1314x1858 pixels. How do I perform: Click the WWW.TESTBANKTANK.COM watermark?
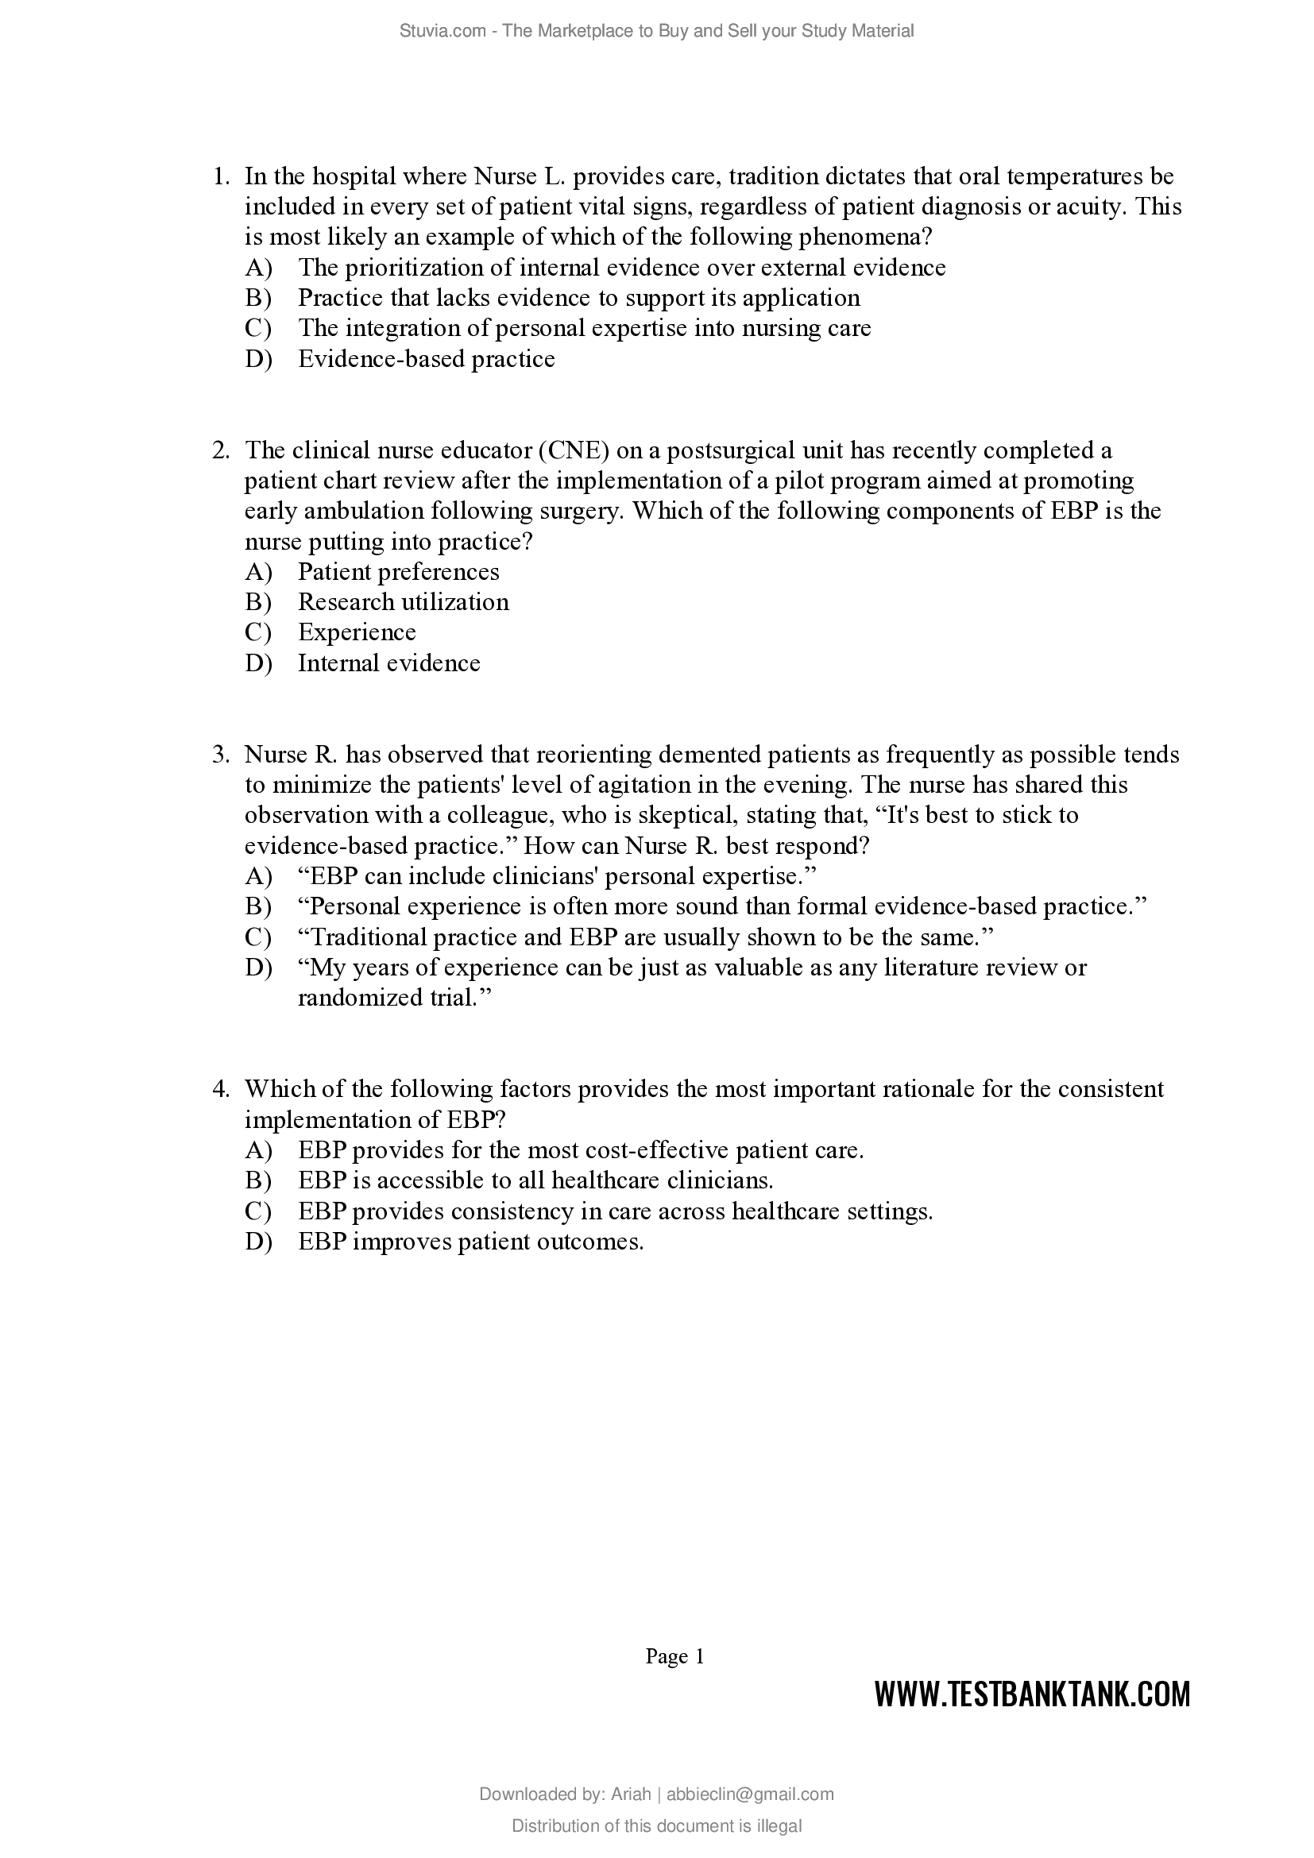pyautogui.click(x=1032, y=1694)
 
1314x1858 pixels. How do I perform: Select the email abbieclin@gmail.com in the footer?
pyautogui.click(x=750, y=1794)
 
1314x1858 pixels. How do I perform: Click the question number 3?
pyautogui.click(x=221, y=755)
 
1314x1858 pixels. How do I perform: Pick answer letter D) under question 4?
pyautogui.click(x=258, y=1242)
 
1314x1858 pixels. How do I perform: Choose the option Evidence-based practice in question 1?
pyautogui.click(x=427, y=359)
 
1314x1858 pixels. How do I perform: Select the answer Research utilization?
pyautogui.click(x=403, y=602)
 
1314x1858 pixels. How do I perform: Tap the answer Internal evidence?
pyautogui.click(x=388, y=663)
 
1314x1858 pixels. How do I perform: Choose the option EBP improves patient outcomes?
pyautogui.click(x=470, y=1242)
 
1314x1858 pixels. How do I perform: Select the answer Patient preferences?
pyautogui.click(x=398, y=572)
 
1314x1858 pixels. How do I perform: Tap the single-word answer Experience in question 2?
pyautogui.click(x=357, y=633)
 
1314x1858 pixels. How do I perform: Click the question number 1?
pyautogui.click(x=221, y=176)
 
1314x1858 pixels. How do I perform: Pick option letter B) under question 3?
pyautogui.click(x=258, y=906)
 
